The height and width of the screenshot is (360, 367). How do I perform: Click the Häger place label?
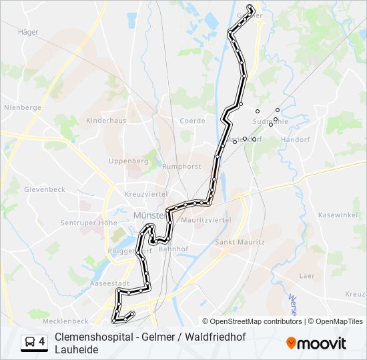29,31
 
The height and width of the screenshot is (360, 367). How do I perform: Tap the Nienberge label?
23,107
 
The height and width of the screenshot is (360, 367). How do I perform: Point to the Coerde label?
192,121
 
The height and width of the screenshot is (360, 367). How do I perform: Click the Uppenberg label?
128,161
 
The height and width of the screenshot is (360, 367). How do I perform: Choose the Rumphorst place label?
182,167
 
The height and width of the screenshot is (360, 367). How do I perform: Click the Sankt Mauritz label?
238,242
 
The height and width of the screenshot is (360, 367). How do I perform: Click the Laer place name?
307,275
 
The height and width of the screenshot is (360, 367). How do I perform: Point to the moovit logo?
317,343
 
